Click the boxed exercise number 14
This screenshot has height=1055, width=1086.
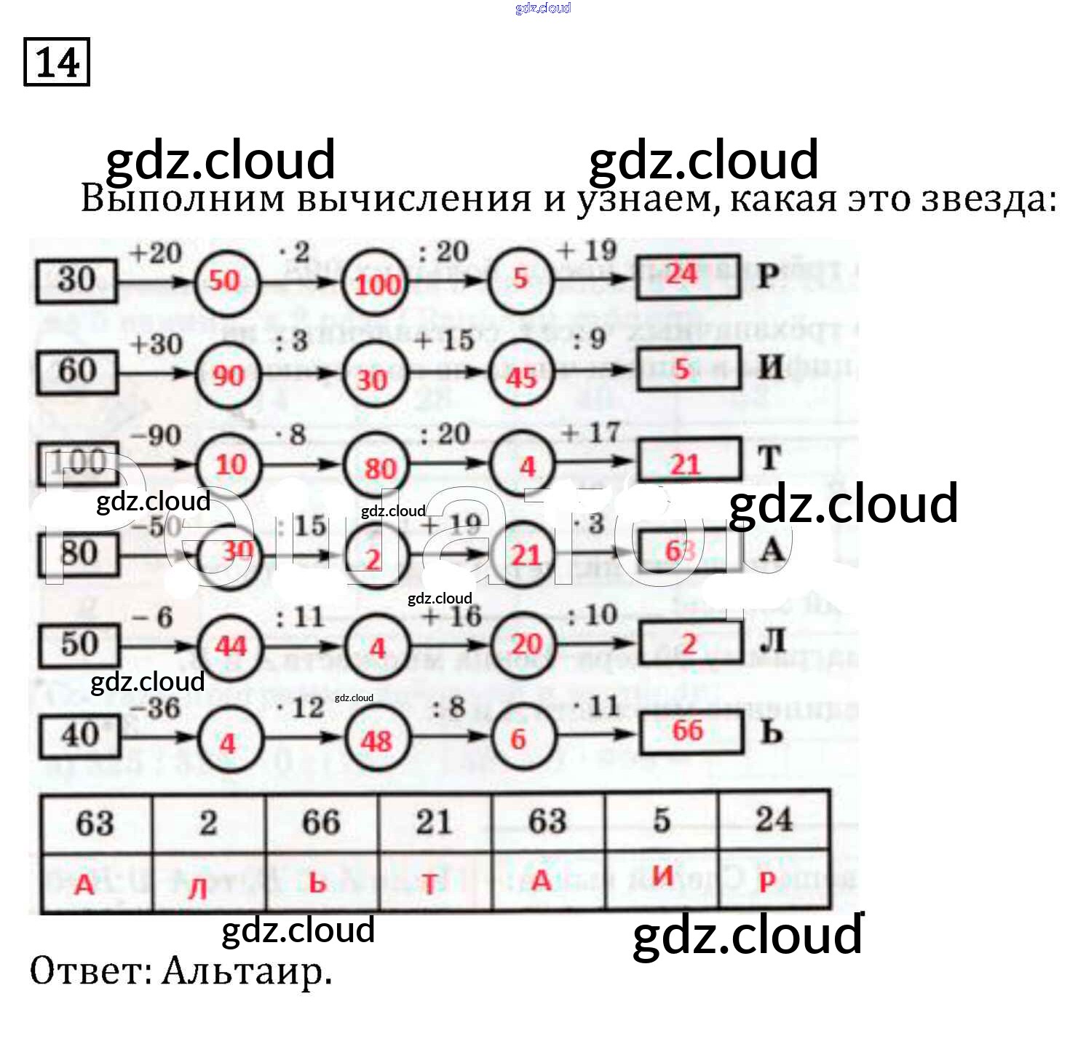[x=57, y=63]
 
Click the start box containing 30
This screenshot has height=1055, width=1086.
[x=76, y=280]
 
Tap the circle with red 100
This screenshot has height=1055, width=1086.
[x=376, y=282]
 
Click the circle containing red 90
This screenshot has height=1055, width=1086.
[x=228, y=374]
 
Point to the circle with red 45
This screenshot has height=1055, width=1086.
[x=521, y=375]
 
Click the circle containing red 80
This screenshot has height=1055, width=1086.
[x=377, y=467]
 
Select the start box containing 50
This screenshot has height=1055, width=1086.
[x=79, y=644]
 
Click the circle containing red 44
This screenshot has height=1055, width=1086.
[x=230, y=645]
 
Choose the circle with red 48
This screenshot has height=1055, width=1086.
[x=376, y=740]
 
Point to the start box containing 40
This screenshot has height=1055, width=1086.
[x=80, y=735]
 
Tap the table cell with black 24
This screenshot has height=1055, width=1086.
[x=773, y=821]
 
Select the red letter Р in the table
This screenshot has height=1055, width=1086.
[x=767, y=882]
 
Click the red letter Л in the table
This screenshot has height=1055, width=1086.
[x=198, y=887]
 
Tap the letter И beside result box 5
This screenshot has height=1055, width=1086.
[x=771, y=368]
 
